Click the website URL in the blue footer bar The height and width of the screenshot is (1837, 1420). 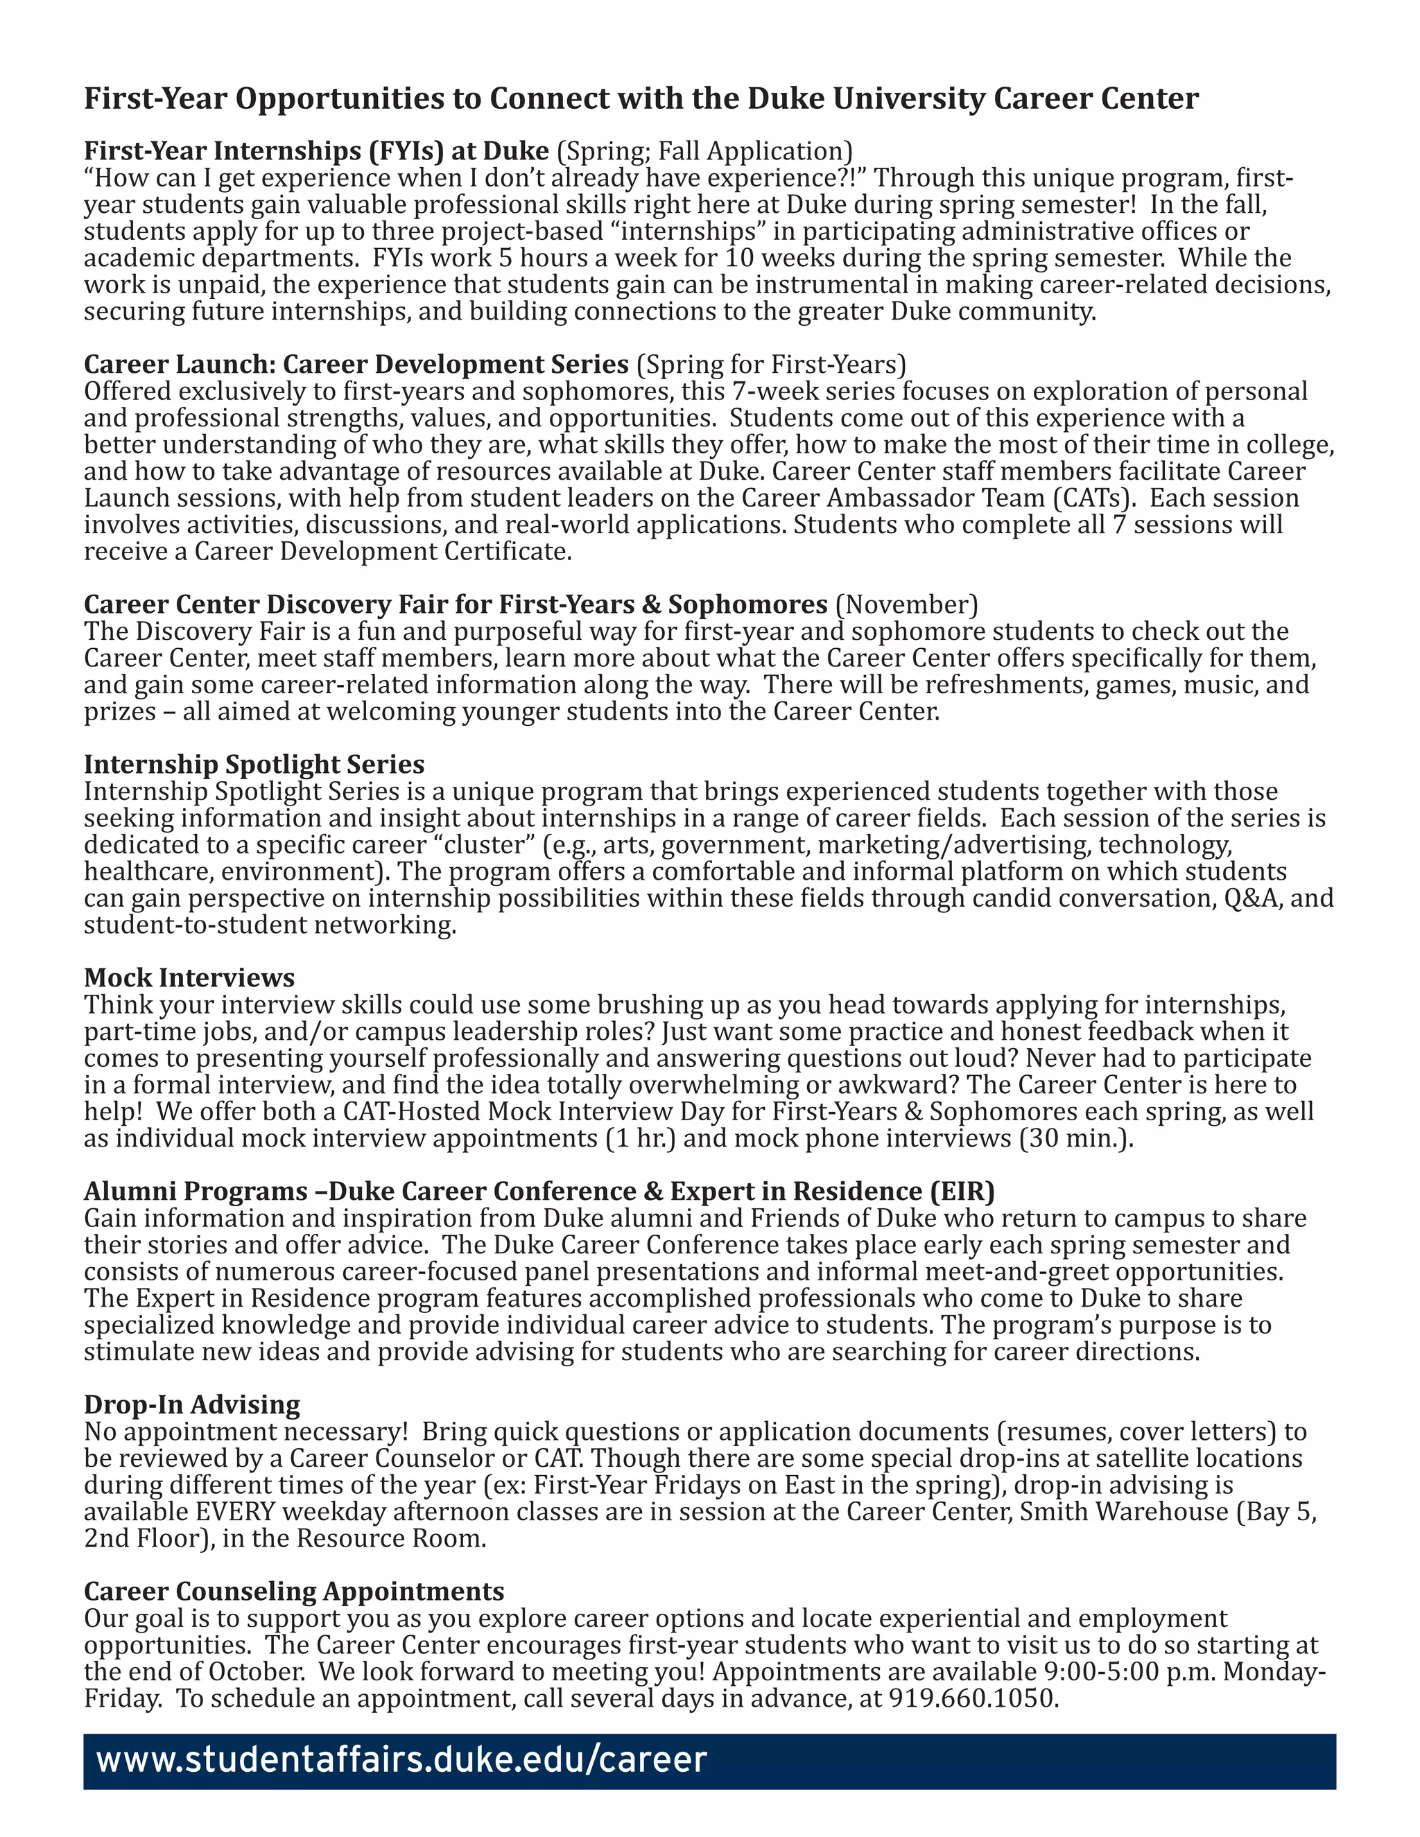tap(401, 1759)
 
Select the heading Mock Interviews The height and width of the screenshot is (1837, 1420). tap(189, 977)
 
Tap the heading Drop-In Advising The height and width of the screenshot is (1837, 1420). tap(192, 1404)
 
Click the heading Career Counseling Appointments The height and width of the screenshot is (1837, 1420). tap(293, 1592)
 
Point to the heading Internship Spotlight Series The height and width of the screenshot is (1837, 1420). tap(254, 764)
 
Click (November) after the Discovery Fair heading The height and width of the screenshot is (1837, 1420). tap(906, 604)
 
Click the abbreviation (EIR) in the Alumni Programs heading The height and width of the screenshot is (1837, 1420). tap(962, 1191)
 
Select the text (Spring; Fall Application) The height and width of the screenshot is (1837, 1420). tap(705, 150)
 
